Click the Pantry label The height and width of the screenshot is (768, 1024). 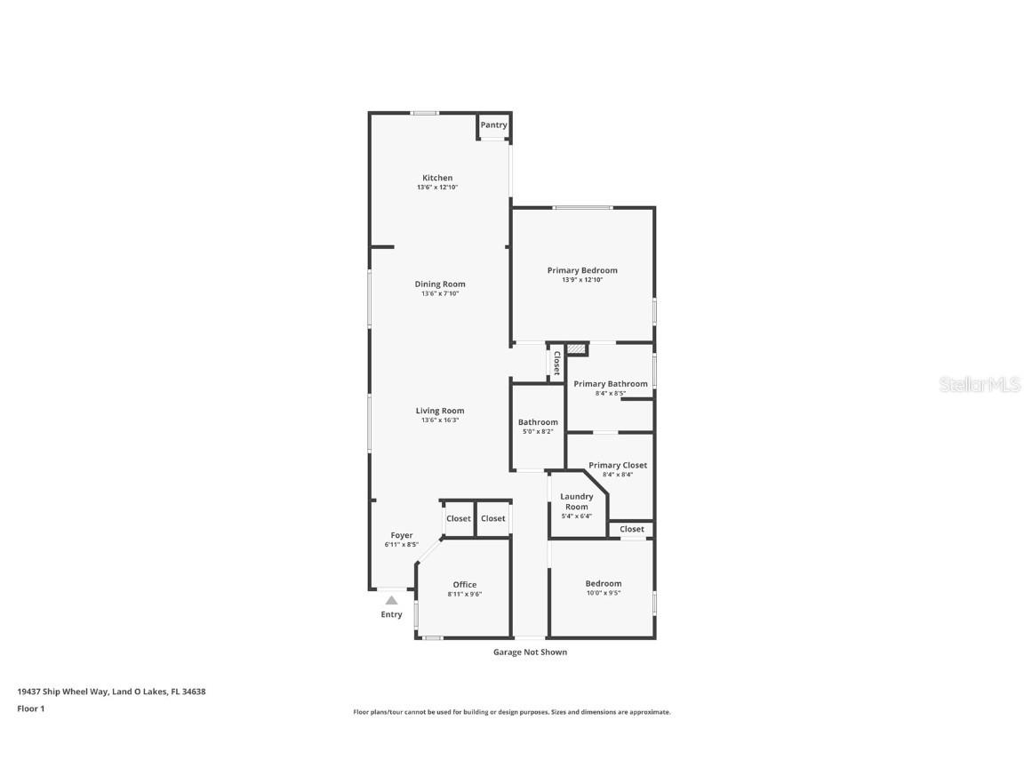pos(493,124)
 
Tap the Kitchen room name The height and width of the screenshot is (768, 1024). pos(437,178)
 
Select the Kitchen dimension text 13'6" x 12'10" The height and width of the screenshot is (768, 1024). pos(437,188)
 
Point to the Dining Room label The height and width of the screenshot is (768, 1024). pos(440,284)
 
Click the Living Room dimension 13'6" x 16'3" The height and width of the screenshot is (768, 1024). pos(440,420)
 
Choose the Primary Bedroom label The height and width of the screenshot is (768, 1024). pos(582,270)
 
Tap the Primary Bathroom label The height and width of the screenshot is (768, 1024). pos(611,384)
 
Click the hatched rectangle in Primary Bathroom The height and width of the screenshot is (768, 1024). pos(576,349)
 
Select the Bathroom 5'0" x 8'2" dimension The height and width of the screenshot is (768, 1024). pos(538,432)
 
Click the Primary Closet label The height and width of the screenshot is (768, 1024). pos(618,465)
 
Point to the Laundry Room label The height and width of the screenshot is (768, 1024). pos(577,501)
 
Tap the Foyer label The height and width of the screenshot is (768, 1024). pos(402,535)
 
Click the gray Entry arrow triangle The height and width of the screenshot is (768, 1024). pos(391,600)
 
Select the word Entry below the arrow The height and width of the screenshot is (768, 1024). pos(392,614)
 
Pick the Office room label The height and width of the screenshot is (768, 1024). pos(465,585)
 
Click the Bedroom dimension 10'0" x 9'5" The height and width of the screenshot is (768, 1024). pos(604,594)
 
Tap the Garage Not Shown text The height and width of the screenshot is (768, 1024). pos(531,652)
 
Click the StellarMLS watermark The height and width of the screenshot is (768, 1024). pos(980,384)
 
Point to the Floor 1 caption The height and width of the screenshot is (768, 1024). pos(31,708)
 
